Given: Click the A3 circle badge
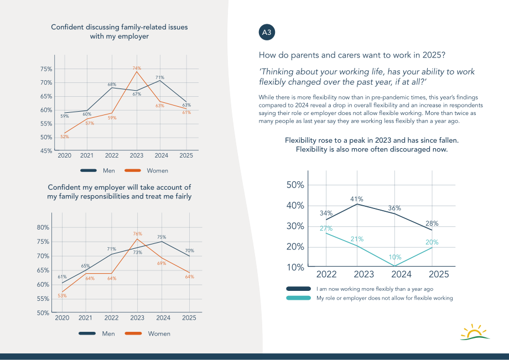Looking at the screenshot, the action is tap(267, 32).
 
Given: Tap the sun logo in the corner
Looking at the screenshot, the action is tap(475, 332).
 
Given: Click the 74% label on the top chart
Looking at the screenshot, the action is tap(137, 68).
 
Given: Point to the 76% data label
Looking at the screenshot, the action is tap(137, 233).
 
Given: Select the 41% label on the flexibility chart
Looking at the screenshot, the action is tap(357, 199).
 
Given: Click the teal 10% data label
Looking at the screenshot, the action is tap(395, 257).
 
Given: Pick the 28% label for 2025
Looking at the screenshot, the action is tap(432, 223).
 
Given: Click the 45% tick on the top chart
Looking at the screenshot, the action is tap(46, 151).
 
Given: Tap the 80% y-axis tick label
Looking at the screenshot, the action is tap(43, 227).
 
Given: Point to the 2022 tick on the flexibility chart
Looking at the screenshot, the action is tap(326, 274).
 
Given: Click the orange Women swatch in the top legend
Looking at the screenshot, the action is tap(133, 170).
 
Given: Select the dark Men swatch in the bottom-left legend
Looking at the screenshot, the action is tap(87, 333).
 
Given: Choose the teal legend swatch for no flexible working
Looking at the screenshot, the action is tap(299, 298).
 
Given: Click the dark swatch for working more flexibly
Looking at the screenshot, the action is tap(299, 289).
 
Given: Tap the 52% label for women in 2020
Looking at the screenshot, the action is tap(65, 137).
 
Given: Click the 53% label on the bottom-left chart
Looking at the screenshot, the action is tap(62, 295).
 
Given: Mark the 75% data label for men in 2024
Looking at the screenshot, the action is tap(162, 237).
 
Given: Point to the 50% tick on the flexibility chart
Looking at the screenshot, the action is tap(295, 185).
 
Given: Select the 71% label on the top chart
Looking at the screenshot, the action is tap(160, 77).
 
